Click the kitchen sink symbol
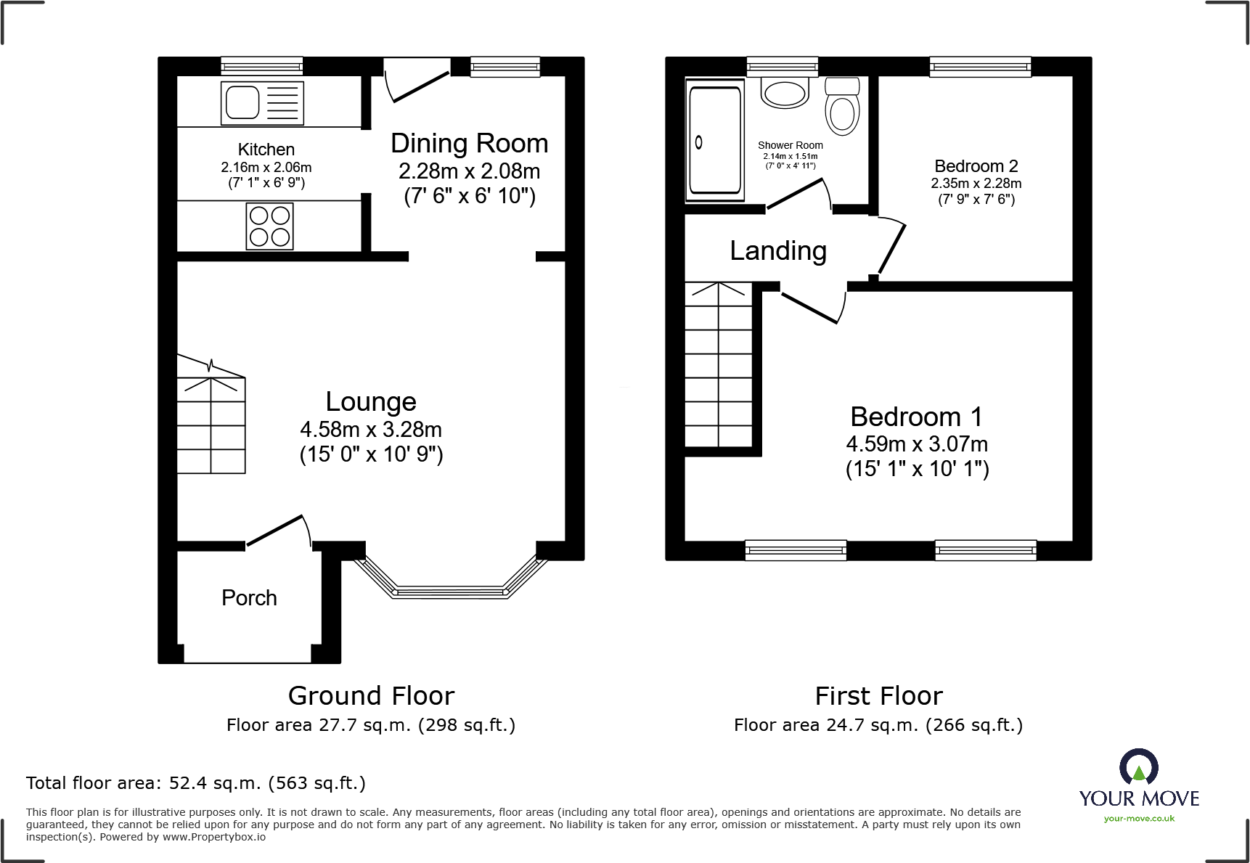(262, 103)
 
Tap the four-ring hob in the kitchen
(270, 226)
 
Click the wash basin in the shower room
(785, 94)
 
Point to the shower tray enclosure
(715, 140)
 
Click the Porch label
(249, 598)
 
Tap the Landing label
(777, 251)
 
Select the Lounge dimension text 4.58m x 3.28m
(371, 430)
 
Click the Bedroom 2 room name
(976, 166)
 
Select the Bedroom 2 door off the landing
(891, 248)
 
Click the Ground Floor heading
(371, 696)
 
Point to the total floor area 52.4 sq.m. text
(196, 783)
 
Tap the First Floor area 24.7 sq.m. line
(878, 725)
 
